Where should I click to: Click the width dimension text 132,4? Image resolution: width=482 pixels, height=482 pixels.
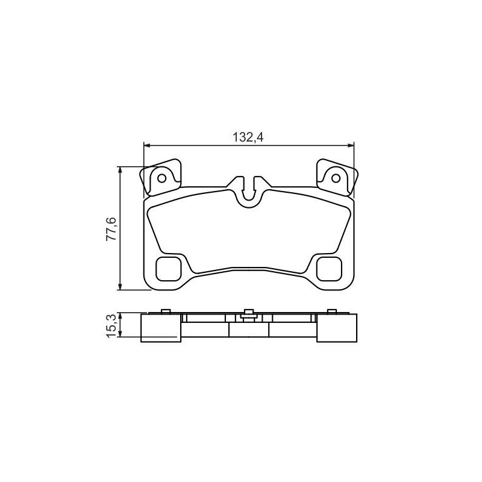pyautogui.click(x=248, y=137)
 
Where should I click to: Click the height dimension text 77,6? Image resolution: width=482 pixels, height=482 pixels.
pyautogui.click(x=111, y=229)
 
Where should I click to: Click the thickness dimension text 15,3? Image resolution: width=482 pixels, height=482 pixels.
pyautogui.click(x=111, y=326)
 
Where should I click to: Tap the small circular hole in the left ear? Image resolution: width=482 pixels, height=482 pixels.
pyautogui.click(x=162, y=178)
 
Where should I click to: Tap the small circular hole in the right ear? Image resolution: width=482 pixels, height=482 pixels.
pyautogui.click(x=336, y=178)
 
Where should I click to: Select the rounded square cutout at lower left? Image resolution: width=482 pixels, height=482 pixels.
pyautogui.click(x=169, y=269)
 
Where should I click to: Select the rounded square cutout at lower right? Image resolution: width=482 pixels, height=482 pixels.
pyautogui.click(x=329, y=269)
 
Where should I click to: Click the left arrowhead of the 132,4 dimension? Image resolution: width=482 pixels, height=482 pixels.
pyautogui.click(x=146, y=145)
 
